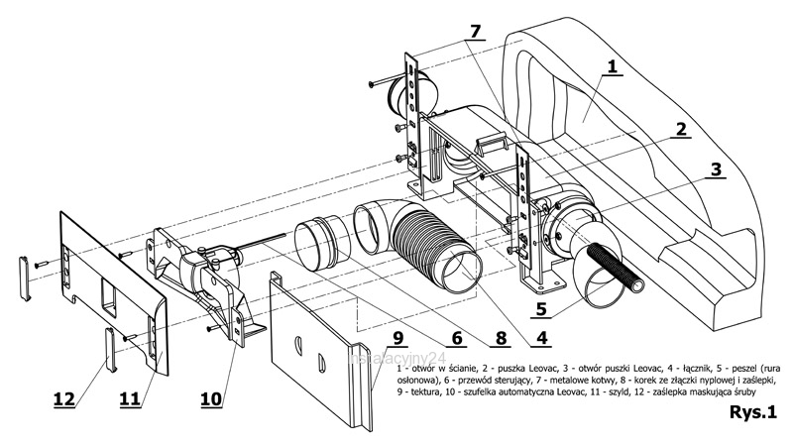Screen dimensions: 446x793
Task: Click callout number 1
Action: click(613, 67)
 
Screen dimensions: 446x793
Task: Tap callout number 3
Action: click(715, 168)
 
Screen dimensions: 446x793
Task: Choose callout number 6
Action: click(456, 337)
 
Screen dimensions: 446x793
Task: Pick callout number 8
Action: click(499, 336)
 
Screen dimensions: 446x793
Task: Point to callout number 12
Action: click(63, 399)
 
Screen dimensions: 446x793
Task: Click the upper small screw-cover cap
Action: click(26, 278)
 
